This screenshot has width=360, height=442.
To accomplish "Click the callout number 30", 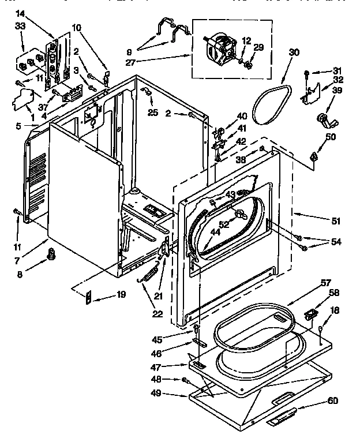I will click(x=294, y=52).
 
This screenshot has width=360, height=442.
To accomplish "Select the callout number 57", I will click(x=326, y=282).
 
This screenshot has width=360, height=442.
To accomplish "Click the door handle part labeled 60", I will click(x=283, y=414).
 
